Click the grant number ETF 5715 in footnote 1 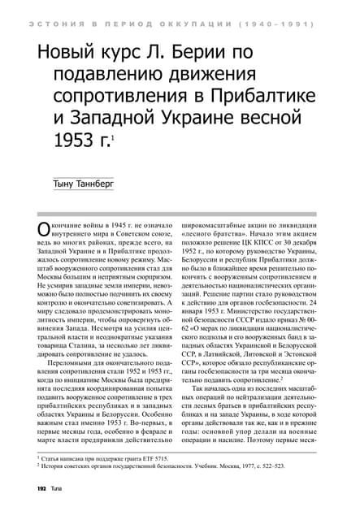[x=154, y=459]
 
